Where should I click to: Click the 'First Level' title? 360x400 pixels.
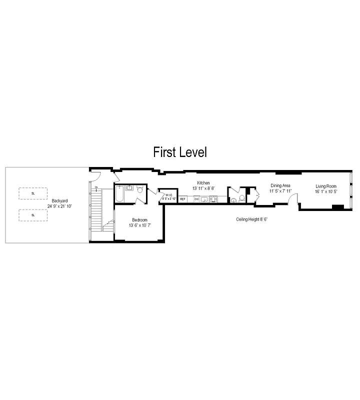tap(179, 151)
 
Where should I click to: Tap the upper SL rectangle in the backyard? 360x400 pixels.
tap(33, 193)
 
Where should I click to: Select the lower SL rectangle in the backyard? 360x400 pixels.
tap(33, 215)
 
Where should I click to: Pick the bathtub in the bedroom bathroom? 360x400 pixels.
tap(119, 194)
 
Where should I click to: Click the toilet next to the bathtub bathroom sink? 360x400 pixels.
tap(140, 190)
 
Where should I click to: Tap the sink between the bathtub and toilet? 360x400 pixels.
tap(129, 188)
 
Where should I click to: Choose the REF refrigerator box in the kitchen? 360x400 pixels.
tap(183, 199)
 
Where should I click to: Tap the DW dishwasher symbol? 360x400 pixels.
tap(196, 199)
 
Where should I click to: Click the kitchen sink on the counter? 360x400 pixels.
tap(204, 199)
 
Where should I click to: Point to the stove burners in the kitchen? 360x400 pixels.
tap(214, 199)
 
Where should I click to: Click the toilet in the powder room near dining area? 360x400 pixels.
tap(241, 198)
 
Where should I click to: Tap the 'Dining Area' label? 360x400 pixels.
tap(280, 185)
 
